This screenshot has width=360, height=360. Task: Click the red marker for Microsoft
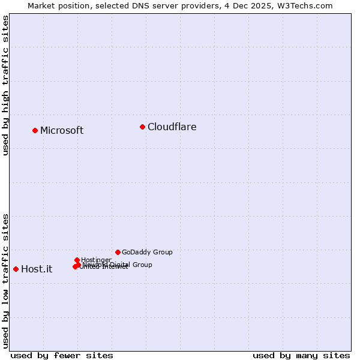[x=35, y=130]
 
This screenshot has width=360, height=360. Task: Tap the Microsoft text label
[x=62, y=131]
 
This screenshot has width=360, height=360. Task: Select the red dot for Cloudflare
[x=142, y=127]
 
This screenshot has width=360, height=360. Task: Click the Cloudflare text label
[x=172, y=127]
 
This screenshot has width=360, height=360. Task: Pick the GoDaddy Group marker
[x=118, y=252]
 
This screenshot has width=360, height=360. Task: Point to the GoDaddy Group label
[x=147, y=253]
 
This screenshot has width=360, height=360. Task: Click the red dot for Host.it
[x=16, y=269]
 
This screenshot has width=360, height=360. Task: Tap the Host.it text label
[x=37, y=269]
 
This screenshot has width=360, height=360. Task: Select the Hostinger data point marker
[x=77, y=260]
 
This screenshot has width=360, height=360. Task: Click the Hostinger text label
[x=96, y=260]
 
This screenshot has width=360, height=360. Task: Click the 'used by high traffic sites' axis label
[x=5, y=85]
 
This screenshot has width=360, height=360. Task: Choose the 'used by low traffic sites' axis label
[x=5, y=280]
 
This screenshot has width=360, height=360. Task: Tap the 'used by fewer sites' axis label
[x=62, y=355]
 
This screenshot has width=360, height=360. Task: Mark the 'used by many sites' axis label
[x=301, y=355]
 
